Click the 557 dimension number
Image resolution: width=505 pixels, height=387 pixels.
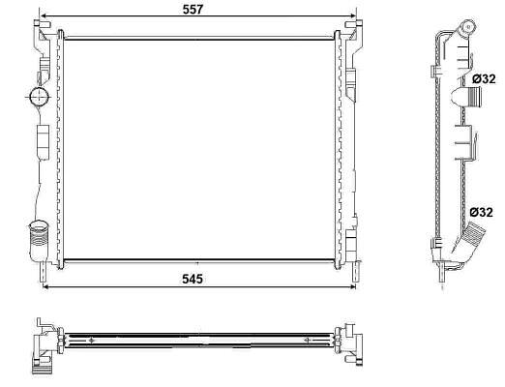193,10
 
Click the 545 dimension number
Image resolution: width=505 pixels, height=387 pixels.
193,279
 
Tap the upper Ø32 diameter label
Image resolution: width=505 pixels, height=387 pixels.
484,79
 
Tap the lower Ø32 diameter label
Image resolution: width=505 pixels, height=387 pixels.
481,213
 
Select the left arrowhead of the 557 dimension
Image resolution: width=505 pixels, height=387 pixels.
43,15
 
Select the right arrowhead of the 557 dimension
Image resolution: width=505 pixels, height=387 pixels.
352,15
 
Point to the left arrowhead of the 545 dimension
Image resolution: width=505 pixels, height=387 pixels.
46,286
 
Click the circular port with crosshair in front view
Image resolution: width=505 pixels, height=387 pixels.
39,96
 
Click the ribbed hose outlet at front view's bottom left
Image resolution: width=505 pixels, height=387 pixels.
39,240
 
